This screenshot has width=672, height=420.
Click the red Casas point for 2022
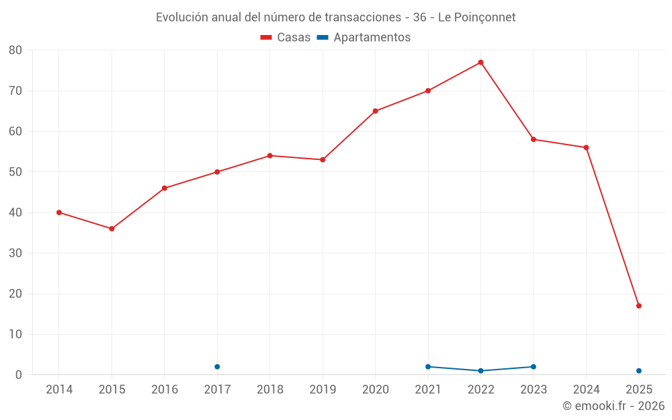[x=480, y=62]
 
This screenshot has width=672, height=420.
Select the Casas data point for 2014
[x=59, y=212]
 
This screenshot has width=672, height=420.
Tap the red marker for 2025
[x=638, y=306]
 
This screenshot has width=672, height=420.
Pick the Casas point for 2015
[x=112, y=228]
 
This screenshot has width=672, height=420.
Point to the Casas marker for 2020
[x=375, y=111]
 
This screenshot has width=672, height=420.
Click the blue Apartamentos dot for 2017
[x=217, y=367]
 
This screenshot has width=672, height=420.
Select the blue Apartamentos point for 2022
[x=480, y=371]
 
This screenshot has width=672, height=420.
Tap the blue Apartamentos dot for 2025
[x=638, y=371]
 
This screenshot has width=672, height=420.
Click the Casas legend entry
[x=286, y=38]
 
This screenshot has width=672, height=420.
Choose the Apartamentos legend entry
[x=364, y=38]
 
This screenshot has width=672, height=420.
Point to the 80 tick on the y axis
[x=15, y=50]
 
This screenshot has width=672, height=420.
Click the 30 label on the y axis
[x=15, y=253]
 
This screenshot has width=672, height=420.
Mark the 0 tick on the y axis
[x=19, y=375]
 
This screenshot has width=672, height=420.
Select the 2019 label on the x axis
[x=323, y=390]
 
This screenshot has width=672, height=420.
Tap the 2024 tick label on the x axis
[x=586, y=390]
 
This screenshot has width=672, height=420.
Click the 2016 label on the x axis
[x=165, y=390]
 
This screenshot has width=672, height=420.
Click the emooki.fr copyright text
[x=614, y=406]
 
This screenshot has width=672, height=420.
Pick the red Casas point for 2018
[x=269, y=155]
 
